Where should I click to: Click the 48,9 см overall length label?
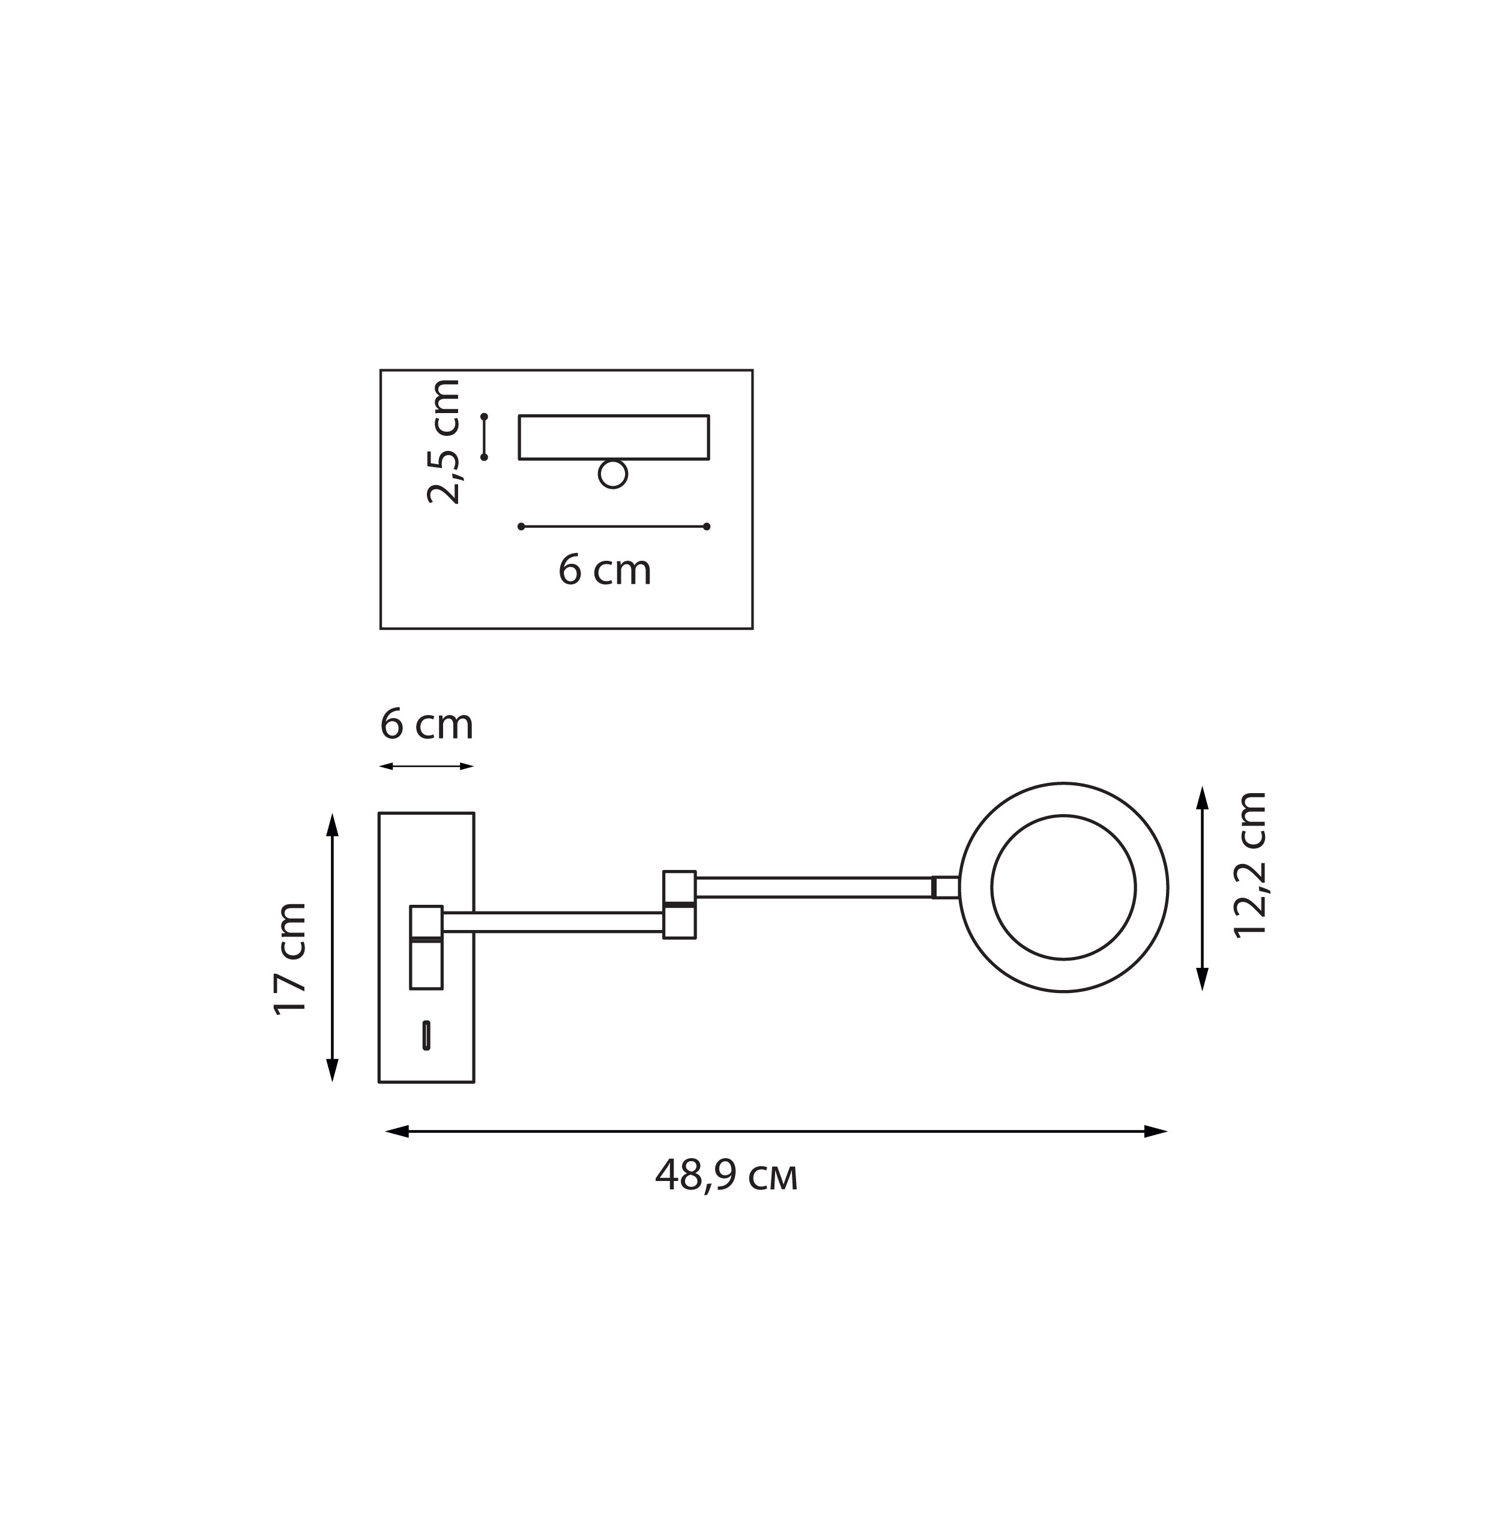(x=726, y=1176)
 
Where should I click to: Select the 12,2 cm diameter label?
(x=1249, y=865)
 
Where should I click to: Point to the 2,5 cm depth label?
(x=443, y=441)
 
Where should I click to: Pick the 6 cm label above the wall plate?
(x=427, y=725)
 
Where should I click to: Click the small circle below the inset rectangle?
(x=612, y=474)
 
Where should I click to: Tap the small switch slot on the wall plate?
(x=426, y=1034)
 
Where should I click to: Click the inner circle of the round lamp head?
(x=1063, y=815)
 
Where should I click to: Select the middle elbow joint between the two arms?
(x=679, y=905)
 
